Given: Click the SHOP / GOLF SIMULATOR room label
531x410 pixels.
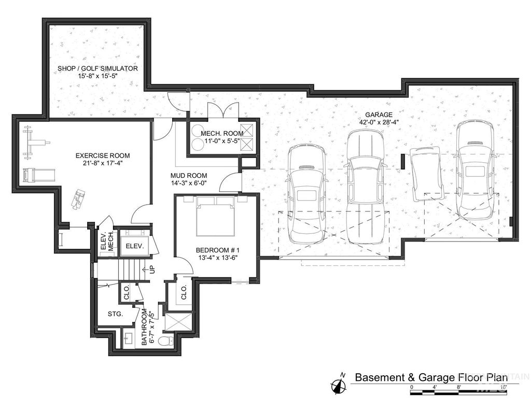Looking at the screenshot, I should click(x=97, y=68).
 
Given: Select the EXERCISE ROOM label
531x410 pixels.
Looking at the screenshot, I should click(x=103, y=155).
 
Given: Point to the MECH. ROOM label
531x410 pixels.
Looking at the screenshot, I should click(x=222, y=134).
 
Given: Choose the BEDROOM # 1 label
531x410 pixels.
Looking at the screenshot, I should click(x=216, y=249).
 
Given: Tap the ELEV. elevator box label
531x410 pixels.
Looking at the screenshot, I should click(x=134, y=246).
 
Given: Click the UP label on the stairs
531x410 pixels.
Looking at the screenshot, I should click(x=152, y=270).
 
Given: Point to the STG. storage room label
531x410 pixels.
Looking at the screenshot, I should click(x=115, y=314).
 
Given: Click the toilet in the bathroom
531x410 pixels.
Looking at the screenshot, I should click(x=166, y=341).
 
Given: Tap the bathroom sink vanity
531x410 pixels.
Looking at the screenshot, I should click(x=128, y=340).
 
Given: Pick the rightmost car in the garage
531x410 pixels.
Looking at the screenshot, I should click(x=474, y=169).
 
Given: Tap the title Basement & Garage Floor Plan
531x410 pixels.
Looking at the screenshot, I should click(x=431, y=377).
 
